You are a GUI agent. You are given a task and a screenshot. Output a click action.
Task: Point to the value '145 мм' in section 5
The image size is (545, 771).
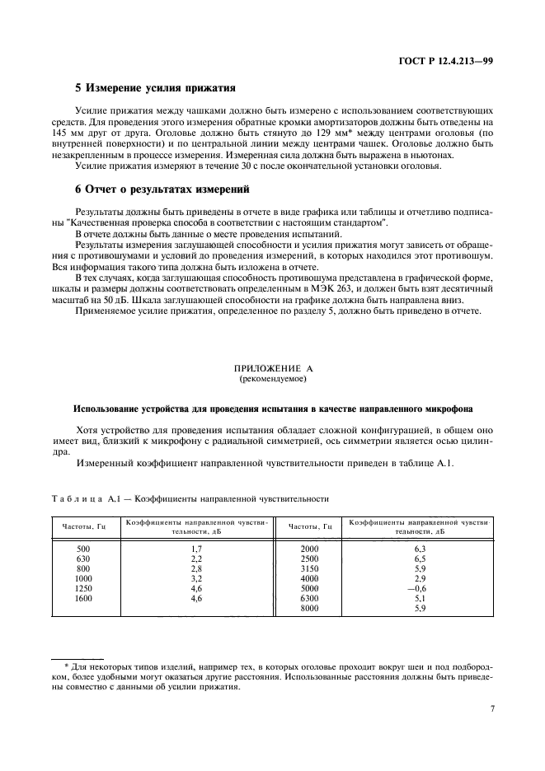(66, 132)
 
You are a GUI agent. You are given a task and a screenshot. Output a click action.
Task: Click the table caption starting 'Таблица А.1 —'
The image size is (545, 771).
(189, 498)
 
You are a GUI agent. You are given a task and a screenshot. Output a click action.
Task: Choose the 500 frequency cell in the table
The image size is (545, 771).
(82, 548)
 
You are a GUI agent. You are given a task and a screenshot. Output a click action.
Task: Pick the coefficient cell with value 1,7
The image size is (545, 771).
(196, 548)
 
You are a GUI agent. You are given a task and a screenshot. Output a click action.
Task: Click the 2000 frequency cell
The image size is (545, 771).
(309, 548)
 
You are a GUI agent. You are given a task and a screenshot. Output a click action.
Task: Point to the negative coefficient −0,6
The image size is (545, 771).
(418, 588)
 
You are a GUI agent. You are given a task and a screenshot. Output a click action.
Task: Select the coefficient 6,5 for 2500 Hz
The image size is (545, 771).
(419, 558)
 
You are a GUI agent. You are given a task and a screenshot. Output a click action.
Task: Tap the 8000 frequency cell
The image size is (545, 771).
(309, 608)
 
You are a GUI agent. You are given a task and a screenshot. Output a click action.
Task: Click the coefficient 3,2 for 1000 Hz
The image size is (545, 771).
(196, 578)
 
